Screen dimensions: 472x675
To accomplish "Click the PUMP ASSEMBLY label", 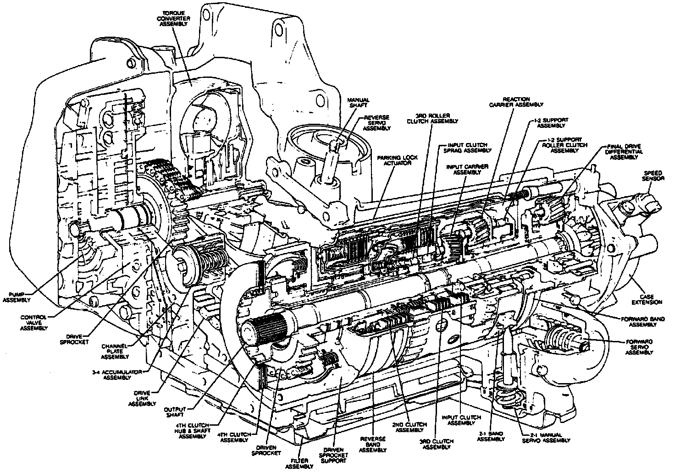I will coord(16,297).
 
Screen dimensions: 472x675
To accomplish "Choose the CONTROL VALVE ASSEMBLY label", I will coord(34,321).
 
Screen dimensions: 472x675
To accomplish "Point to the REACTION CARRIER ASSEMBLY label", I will coord(516,102).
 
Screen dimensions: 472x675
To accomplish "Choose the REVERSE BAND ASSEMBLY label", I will coord(372,445).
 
